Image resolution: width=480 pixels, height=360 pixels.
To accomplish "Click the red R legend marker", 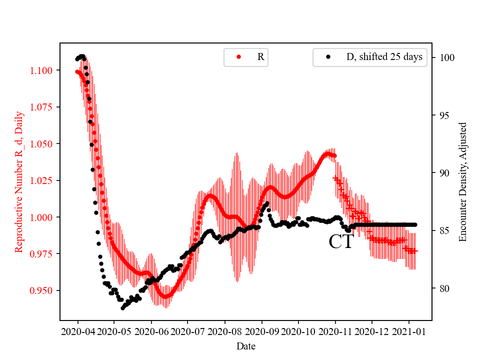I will [x=238, y=57].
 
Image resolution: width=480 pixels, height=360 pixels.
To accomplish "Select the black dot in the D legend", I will [x=328, y=57].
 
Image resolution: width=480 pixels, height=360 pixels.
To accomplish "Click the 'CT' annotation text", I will [x=341, y=242].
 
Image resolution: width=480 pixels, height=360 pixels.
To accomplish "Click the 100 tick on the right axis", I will [x=443, y=58].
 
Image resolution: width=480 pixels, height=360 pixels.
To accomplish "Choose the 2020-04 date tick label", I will [x=78, y=331].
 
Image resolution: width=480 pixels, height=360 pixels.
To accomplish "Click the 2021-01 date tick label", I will [x=408, y=331].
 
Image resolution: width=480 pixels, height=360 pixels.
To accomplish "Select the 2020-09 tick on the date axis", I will [x=261, y=331].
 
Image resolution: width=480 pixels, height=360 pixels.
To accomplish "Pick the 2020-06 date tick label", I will [x=151, y=331].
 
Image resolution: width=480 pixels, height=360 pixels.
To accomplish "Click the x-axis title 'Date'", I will [x=245, y=345].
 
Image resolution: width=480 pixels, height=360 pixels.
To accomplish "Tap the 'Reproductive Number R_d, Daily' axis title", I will [x=19, y=182].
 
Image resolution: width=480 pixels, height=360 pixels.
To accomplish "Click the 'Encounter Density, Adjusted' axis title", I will [x=463, y=182].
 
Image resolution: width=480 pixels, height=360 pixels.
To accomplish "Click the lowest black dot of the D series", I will [x=122, y=308].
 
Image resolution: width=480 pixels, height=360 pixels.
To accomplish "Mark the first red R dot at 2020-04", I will [x=77, y=71].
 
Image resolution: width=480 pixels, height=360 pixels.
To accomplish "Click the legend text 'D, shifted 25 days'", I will [x=384, y=57].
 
